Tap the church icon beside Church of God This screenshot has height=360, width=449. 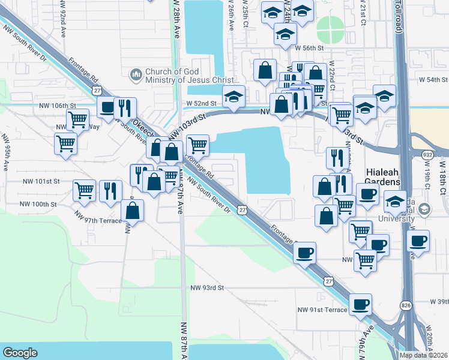tap(136, 75)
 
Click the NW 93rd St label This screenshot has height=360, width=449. tap(206, 287)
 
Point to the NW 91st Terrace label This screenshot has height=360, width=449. tap(322, 310)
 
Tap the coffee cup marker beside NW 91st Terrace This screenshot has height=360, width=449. tap(360, 304)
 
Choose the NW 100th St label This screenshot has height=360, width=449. tap(38, 204)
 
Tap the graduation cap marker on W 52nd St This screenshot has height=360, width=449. tap(233, 95)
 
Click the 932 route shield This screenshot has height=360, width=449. tap(427, 154)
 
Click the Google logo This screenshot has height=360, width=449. tap(20, 353)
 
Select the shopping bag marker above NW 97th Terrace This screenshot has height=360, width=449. tap(132, 210)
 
